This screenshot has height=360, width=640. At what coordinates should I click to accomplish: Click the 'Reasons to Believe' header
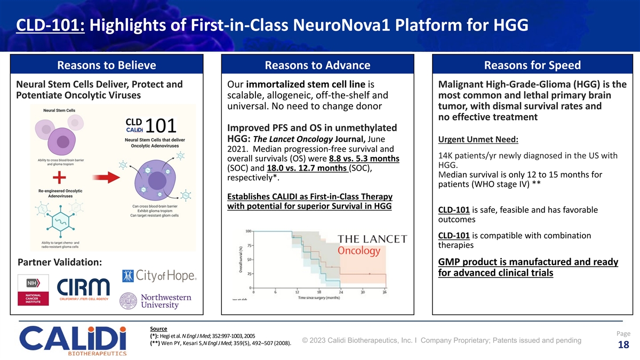click(106, 65)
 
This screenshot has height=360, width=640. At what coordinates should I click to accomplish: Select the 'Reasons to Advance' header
click(317, 65)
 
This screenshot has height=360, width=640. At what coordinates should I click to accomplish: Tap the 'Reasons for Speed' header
click(532, 65)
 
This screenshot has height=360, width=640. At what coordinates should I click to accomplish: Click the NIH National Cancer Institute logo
click(33, 291)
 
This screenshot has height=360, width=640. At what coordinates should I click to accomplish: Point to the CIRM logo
click(84, 292)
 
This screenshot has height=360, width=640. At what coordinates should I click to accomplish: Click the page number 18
click(622, 345)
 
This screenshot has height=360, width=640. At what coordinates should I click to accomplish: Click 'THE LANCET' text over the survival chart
click(372, 238)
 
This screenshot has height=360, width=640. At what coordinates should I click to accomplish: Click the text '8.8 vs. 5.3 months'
click(364, 158)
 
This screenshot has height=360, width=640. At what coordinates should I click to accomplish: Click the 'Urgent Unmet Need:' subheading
click(478, 140)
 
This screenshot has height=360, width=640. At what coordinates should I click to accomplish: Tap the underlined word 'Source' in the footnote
click(159, 329)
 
